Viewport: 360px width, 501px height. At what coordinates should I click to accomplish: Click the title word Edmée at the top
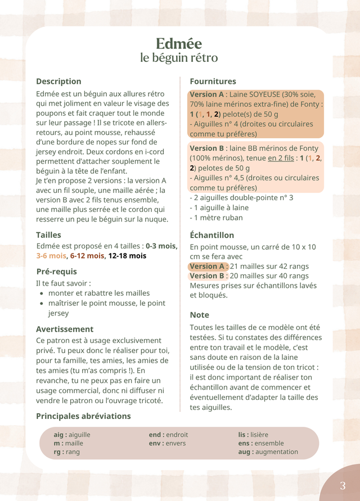[179, 43]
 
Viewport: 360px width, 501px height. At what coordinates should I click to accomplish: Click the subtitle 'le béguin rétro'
[179, 58]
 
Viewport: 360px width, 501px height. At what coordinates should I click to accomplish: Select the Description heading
[58, 82]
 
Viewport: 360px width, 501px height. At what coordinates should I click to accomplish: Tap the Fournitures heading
[213, 82]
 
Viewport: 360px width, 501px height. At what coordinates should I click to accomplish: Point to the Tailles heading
[48, 235]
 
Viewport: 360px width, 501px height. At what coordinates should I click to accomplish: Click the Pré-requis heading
[56, 272]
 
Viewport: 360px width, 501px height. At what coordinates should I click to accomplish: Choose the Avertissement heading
[65, 329]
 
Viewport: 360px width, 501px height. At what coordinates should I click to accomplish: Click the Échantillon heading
[211, 235]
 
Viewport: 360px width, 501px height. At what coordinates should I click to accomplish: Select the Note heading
[199, 315]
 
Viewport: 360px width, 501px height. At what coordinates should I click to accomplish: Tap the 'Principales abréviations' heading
[83, 416]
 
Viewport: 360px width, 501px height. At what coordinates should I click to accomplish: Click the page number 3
[343, 486]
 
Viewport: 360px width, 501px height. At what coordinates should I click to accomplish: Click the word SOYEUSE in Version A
[267, 94]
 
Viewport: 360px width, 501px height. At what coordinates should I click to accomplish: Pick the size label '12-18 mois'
[127, 256]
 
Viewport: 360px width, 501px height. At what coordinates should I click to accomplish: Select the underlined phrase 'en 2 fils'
[281, 158]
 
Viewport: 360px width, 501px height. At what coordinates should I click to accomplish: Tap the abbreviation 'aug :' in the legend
[245, 452]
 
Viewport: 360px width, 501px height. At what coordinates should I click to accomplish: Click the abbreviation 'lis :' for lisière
[243, 435]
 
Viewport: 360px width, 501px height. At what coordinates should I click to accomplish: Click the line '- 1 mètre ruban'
[216, 218]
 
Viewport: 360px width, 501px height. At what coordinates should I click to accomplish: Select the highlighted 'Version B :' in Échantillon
[209, 276]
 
